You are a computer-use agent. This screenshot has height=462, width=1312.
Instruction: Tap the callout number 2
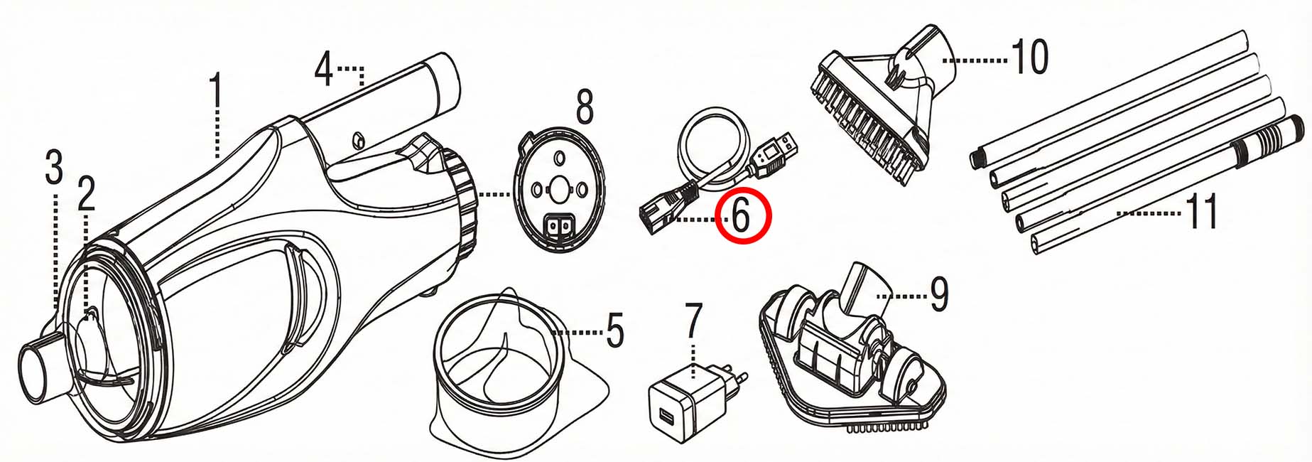coord(86,194)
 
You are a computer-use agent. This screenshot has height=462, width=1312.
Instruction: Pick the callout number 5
coord(615,330)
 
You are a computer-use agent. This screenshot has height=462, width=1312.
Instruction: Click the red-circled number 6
coord(742,216)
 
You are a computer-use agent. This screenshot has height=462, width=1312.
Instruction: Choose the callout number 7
coord(693,321)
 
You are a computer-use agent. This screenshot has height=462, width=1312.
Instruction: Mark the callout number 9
coord(939,293)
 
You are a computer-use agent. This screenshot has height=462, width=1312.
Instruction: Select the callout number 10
coord(1029,57)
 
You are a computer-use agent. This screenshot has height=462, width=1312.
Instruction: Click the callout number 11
coord(1203,211)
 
